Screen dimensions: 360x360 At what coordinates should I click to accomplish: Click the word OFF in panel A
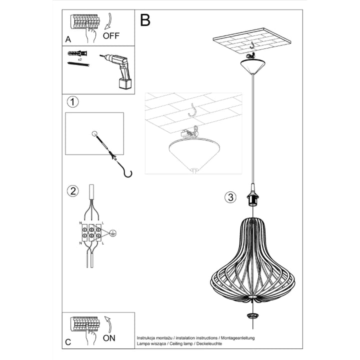pos(111,35)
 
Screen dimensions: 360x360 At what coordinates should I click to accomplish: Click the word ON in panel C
pos(108,338)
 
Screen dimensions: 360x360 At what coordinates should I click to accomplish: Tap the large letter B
pos(145,20)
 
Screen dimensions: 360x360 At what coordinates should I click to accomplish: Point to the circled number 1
pos(73,102)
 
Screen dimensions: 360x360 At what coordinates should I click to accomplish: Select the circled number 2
pos(73,190)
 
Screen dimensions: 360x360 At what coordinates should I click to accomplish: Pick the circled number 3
pos(229,197)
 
